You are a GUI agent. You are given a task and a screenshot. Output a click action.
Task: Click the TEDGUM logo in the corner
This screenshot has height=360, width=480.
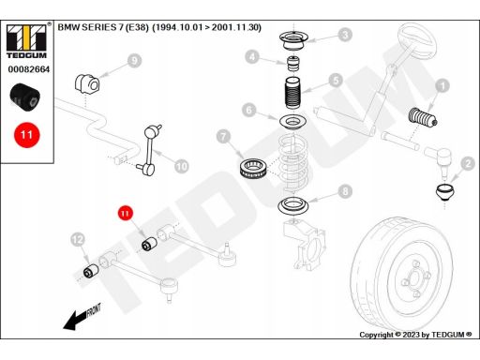(26, 40)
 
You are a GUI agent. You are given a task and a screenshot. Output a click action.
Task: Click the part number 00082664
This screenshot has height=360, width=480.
(29, 69)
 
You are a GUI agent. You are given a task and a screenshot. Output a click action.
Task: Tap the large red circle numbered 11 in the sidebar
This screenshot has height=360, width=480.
(27, 135)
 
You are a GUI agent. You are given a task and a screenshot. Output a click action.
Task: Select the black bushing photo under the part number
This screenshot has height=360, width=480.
(25, 97)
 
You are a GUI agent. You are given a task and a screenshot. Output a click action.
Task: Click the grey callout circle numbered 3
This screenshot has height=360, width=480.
(345, 35)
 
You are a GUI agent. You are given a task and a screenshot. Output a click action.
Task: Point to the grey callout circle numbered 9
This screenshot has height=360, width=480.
(134, 61)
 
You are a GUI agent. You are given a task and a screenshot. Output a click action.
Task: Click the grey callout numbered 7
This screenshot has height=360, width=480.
(223, 137)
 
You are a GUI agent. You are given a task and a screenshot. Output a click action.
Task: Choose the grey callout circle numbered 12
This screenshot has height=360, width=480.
(78, 240)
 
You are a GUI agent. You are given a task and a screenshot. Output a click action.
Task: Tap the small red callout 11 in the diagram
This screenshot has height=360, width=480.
(125, 213)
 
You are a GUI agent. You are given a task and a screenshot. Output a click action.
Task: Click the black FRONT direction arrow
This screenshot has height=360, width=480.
(82, 318)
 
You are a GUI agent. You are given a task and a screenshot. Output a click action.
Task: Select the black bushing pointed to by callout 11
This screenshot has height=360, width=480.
(149, 244)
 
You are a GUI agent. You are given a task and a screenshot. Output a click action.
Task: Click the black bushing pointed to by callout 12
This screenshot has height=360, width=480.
(91, 271)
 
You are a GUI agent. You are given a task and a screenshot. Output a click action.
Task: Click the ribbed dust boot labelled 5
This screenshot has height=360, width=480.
(292, 93)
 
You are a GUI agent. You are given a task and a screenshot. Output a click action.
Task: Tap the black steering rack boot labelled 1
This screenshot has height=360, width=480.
(423, 117)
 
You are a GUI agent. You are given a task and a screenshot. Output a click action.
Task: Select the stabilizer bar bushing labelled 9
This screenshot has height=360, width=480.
(87, 83)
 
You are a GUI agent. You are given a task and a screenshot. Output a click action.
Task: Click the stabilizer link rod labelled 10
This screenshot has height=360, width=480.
(150, 150)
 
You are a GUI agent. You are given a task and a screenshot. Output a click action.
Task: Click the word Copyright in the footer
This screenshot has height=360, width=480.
(377, 335)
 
